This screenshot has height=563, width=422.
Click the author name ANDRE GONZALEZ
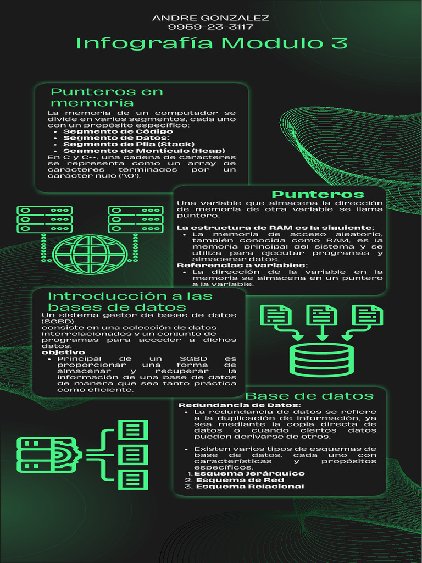coord(210,18)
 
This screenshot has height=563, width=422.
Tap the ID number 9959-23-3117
coord(210,27)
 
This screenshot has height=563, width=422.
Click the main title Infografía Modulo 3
coord(211,43)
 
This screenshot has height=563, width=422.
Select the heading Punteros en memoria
coord(107,97)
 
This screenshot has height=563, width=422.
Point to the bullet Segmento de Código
coord(118,131)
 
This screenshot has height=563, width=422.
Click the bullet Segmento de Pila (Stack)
coord(129,144)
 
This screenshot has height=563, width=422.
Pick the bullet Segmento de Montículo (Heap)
coord(144,151)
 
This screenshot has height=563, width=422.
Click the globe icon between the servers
coord(90,254)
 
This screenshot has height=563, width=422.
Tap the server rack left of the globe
coord(45,219)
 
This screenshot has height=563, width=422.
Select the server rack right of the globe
coord(135,219)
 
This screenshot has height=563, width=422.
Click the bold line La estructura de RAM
coord(275,228)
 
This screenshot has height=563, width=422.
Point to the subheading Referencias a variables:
coord(242,266)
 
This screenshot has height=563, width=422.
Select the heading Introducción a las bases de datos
coord(130,301)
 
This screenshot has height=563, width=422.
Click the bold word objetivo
coord(64,352)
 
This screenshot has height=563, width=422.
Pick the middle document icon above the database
coord(322,316)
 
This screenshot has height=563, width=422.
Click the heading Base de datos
coord(309,396)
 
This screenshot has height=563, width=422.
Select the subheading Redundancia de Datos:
coord(240,405)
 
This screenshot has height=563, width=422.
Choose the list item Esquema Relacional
coord(249,487)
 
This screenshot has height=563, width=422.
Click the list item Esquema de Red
coord(240,480)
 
